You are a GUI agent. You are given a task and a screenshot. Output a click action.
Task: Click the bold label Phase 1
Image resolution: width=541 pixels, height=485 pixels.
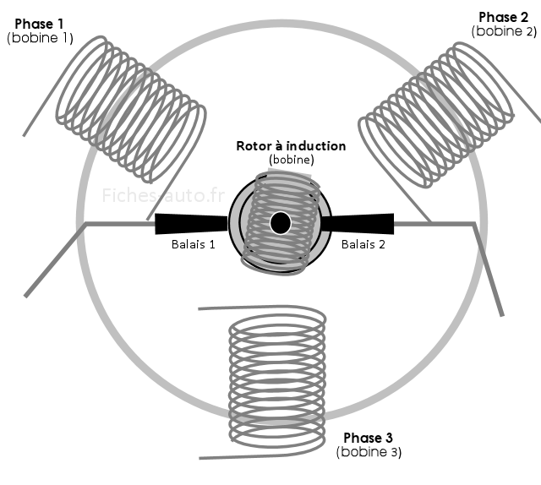coord(40,24)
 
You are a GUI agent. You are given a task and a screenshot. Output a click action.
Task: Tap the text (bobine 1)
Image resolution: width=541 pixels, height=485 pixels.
coord(40,38)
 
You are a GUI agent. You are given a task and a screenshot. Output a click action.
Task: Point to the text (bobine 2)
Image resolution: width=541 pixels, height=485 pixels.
coord(505,31)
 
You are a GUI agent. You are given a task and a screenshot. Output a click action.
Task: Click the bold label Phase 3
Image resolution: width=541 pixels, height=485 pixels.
coord(368,438)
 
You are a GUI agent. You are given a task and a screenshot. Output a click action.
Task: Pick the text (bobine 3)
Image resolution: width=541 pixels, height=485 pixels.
coord(368,452)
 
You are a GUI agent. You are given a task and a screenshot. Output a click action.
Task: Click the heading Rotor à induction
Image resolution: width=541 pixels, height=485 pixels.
coord(291,145)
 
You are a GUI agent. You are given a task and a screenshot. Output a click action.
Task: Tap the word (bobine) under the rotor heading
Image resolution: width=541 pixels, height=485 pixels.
coord(291,159)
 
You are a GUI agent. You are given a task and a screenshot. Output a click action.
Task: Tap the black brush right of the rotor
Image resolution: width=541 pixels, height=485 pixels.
coord(358,223)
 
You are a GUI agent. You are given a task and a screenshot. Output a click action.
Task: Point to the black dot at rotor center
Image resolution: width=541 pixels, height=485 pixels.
coord(280,223)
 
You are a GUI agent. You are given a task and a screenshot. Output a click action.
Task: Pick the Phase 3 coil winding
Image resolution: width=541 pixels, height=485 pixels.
coord(277,380)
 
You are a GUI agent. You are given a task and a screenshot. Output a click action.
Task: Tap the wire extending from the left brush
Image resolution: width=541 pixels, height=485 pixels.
coord(118,224)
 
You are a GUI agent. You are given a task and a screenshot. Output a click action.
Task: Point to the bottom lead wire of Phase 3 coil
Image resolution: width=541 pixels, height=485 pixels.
coord(254,457)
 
